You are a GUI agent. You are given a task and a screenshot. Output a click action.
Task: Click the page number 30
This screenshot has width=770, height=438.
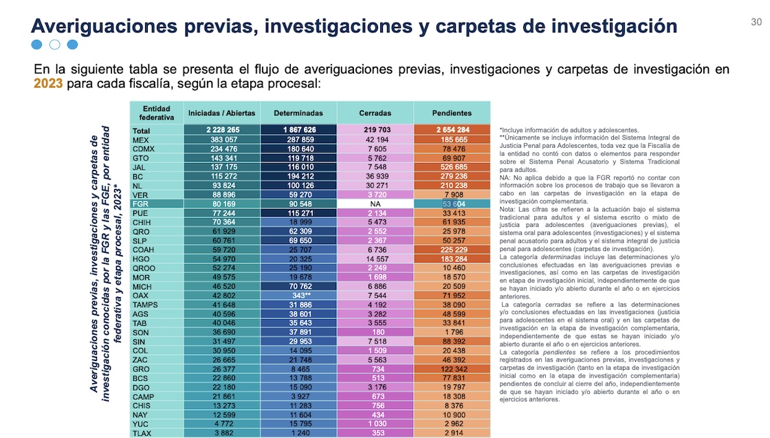756,22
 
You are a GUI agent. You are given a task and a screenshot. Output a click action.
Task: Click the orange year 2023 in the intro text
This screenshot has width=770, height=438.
48,83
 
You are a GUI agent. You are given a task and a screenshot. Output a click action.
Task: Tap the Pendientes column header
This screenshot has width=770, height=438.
452,113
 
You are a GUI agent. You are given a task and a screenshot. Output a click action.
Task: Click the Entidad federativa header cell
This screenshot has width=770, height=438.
156,113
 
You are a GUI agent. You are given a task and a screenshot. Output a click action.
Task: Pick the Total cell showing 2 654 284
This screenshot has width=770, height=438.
452,129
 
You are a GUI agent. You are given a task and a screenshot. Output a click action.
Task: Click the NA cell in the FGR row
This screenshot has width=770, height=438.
375,204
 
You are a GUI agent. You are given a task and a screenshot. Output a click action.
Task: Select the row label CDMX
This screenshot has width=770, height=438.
145,149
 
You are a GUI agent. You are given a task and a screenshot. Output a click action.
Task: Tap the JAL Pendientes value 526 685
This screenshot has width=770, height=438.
452,167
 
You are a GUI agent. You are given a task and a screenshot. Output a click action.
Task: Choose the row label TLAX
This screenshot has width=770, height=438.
144,433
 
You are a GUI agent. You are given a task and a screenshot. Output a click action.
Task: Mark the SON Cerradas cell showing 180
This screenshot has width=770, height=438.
375,332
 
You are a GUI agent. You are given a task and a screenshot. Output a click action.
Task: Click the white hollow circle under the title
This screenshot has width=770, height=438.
55,45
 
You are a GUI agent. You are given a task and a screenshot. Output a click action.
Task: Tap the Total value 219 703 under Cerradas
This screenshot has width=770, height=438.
375,129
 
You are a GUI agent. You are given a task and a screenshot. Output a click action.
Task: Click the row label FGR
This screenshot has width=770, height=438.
142,204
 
